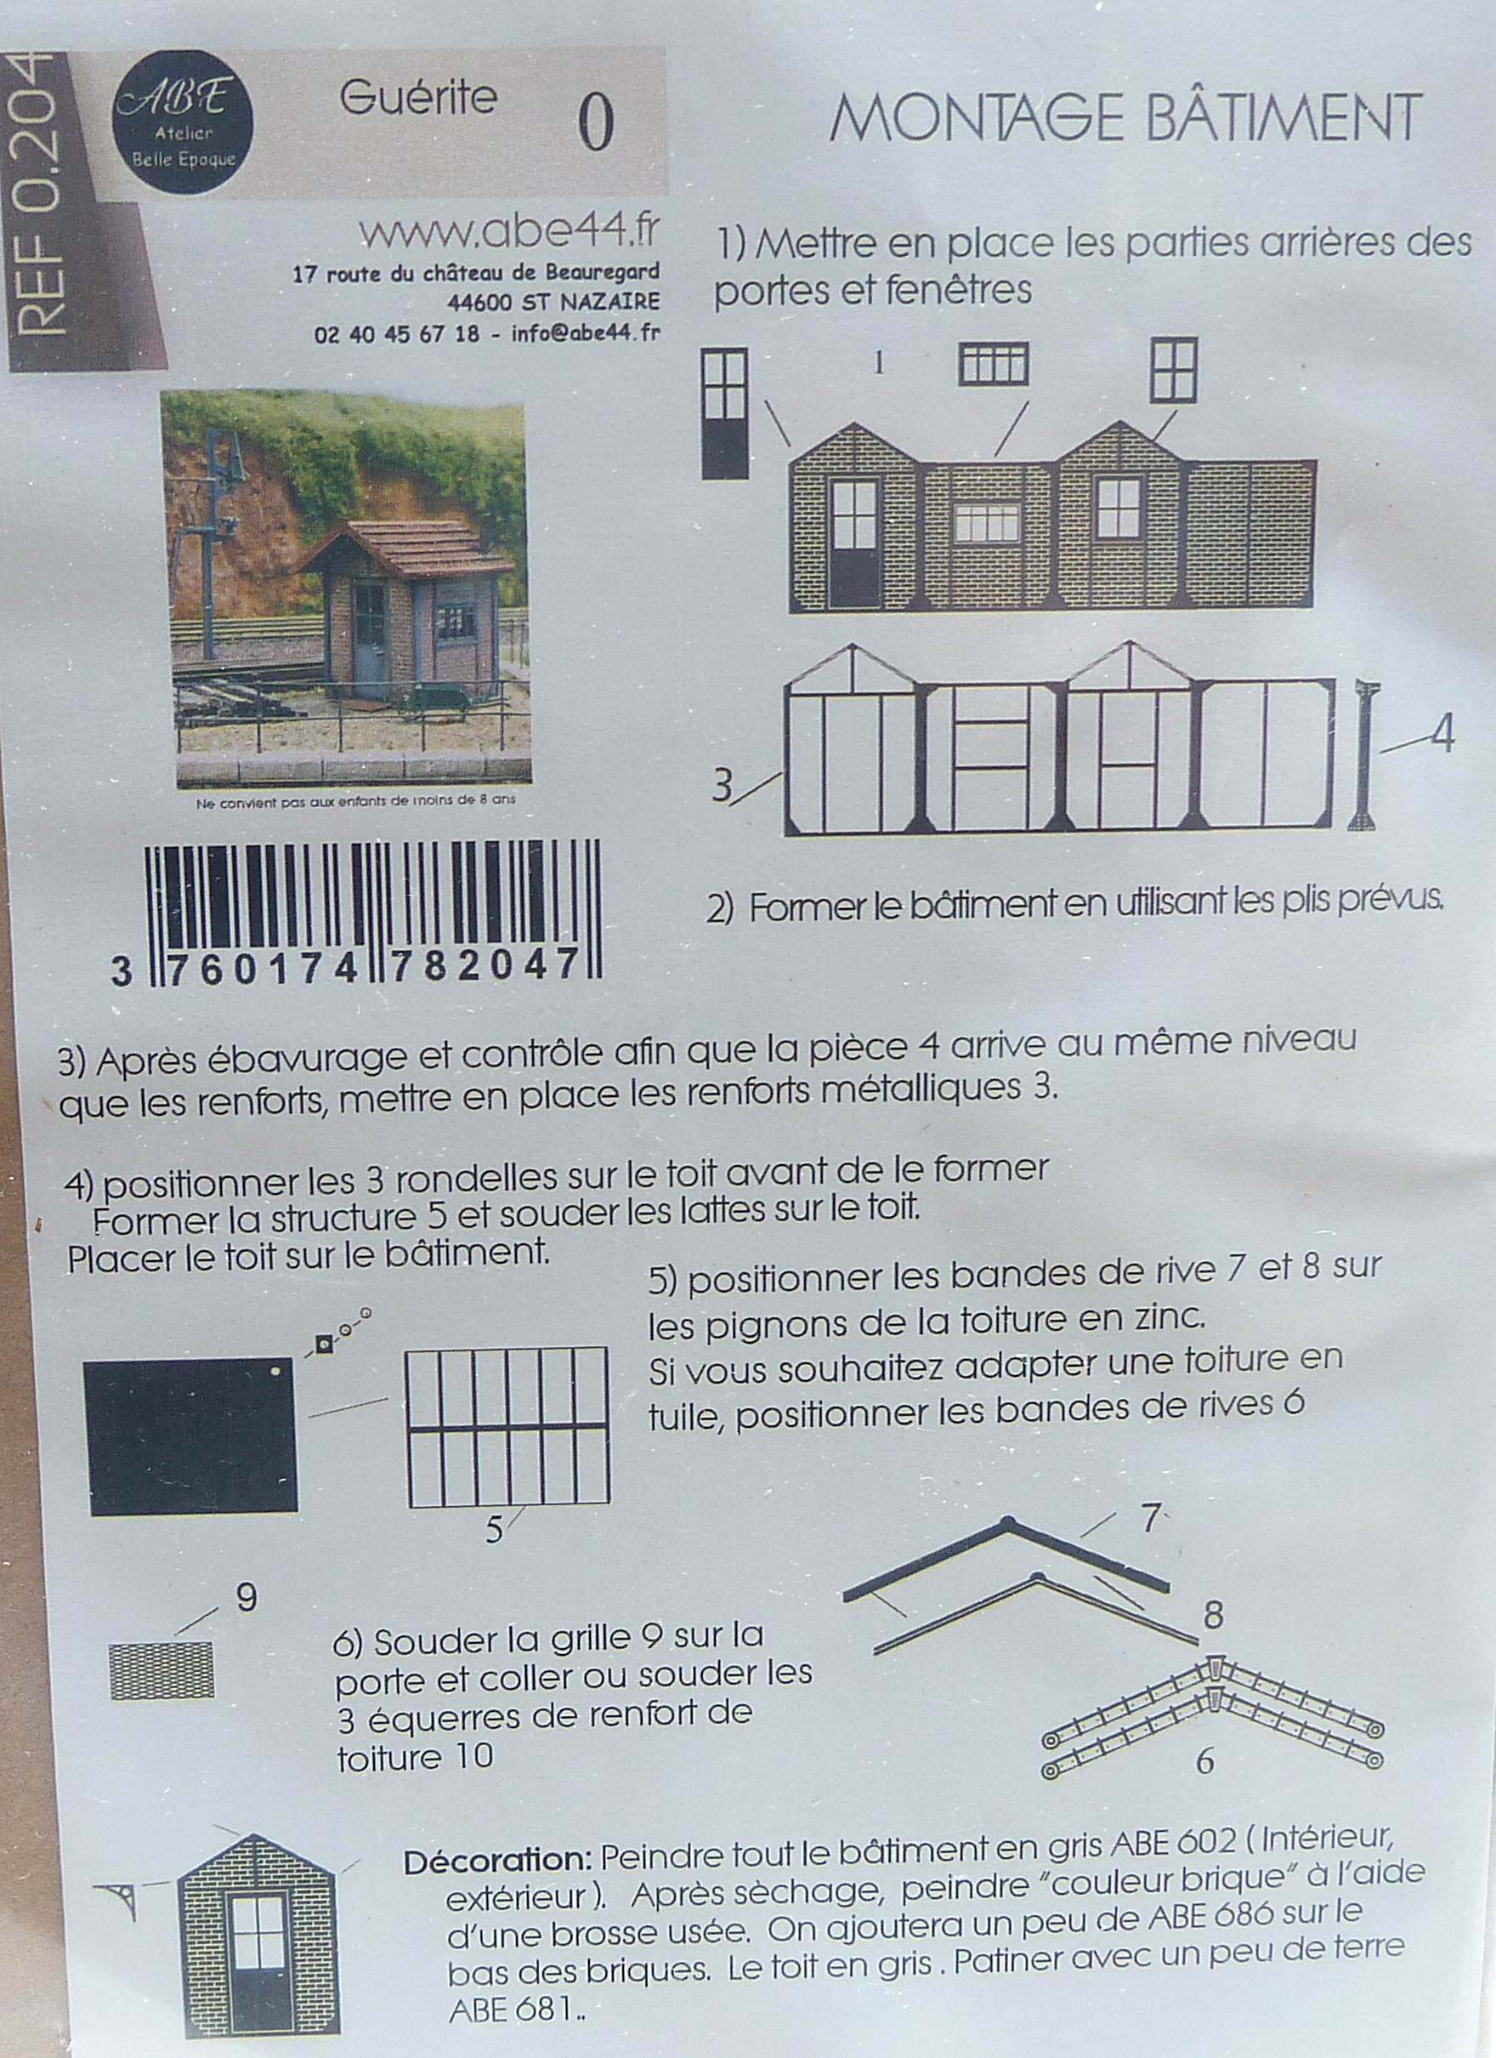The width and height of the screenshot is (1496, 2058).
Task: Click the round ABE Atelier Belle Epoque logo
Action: tap(183, 122)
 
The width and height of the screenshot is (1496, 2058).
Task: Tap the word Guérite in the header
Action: tap(418, 97)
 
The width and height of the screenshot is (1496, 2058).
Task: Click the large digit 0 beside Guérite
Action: tap(596, 123)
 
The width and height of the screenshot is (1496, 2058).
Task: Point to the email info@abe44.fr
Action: tap(585, 333)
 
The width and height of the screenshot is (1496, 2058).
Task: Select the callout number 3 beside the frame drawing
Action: tap(722, 785)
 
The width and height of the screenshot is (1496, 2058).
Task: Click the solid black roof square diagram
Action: tap(190, 1436)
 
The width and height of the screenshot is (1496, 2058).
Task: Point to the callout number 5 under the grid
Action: tap(494, 1531)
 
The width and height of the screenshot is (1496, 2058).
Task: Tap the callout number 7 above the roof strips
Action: tap(1150, 1519)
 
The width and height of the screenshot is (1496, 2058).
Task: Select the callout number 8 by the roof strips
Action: tap(1213, 1615)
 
